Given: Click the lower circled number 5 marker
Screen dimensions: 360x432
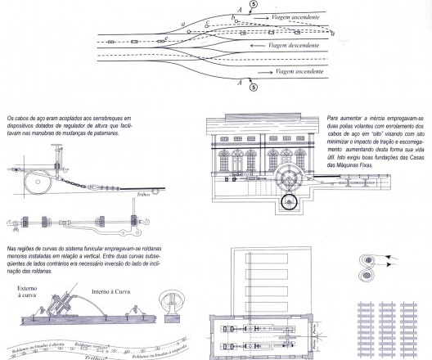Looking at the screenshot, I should click(253, 85).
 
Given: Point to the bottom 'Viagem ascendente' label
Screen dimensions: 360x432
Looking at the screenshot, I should click(301, 71).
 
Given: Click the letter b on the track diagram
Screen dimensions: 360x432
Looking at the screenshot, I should click(234, 16).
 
